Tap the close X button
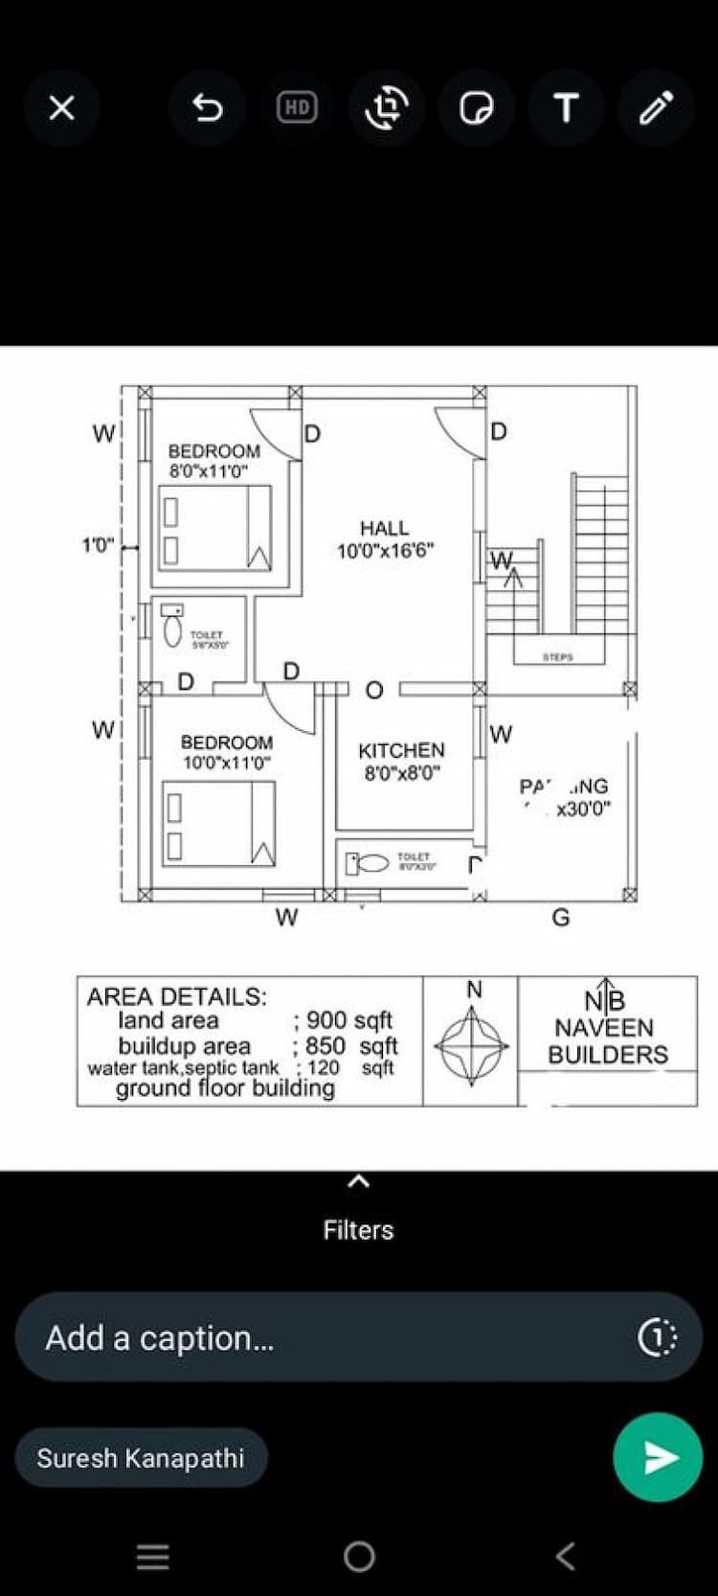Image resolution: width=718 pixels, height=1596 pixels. click(61, 107)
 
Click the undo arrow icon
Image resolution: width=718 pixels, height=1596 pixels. click(207, 107)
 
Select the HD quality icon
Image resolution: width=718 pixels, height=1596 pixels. click(297, 107)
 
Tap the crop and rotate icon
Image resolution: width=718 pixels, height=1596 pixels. click(387, 107)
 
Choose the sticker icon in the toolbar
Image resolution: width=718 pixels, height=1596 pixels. click(476, 107)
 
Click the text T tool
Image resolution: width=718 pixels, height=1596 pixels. click(566, 107)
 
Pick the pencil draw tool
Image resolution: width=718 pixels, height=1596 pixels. click(656, 107)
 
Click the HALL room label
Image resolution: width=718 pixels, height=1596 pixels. click(384, 528)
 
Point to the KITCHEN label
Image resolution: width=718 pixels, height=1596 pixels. click(401, 750)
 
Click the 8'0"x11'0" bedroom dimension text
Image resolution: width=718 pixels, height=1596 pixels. click(209, 471)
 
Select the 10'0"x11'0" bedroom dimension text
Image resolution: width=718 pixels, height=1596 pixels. click(227, 763)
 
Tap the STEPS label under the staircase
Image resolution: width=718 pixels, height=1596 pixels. click(557, 657)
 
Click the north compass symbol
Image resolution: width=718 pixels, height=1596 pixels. click(471, 1046)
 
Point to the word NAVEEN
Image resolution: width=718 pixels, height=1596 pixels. click(604, 1028)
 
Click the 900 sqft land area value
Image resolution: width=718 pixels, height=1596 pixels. click(348, 1020)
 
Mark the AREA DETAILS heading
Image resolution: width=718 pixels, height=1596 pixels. click(177, 996)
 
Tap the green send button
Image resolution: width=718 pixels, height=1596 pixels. click(658, 1456)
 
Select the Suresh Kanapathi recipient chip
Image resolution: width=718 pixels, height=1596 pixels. click(141, 1458)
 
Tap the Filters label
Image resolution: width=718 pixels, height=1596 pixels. click(358, 1229)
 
